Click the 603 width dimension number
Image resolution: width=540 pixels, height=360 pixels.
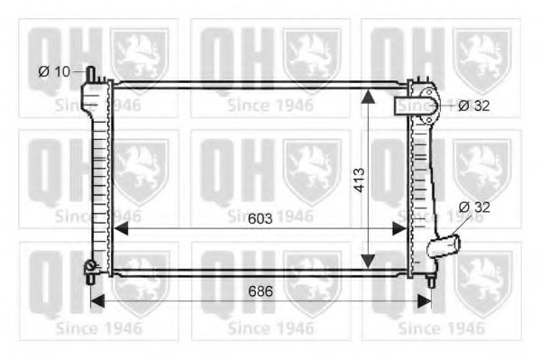click(260, 218)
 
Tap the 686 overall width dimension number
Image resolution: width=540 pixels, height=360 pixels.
click(261, 291)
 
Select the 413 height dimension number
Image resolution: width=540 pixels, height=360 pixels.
click(360, 180)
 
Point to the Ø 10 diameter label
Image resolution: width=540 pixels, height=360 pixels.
click(54, 71)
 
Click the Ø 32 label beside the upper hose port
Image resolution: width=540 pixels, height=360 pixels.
click(474, 106)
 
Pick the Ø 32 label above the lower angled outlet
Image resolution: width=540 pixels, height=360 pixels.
click(474, 208)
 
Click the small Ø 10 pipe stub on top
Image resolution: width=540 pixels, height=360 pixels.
click(91, 74)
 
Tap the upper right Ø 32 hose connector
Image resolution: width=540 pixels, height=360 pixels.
click(417, 106)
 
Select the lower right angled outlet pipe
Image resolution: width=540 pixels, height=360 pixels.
click(444, 245)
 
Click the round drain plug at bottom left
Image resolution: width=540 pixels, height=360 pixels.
click(90, 265)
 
